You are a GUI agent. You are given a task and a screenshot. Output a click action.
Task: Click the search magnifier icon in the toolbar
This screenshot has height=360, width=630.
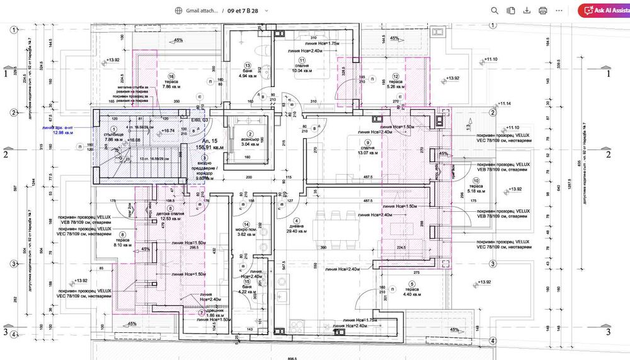pyautogui.click(x=495, y=11)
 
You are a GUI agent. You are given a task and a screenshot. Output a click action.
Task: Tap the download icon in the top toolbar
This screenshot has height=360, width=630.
pyautogui.click(x=527, y=11)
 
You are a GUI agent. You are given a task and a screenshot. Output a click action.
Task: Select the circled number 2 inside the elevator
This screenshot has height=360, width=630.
pyautogui.click(x=249, y=134)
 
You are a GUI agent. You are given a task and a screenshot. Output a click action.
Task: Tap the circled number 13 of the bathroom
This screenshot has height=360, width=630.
pyautogui.click(x=248, y=66)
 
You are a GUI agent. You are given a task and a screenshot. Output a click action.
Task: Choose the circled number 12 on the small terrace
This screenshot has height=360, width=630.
pyautogui.click(x=396, y=76)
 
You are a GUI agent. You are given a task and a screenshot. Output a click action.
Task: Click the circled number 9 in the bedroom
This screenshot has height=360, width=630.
pyautogui.click(x=368, y=142)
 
